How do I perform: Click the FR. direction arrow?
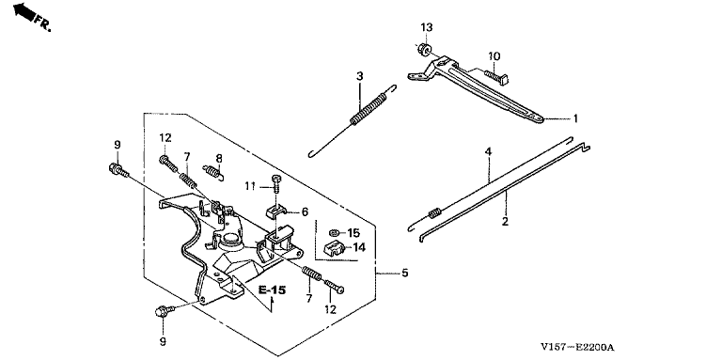coord(24,11)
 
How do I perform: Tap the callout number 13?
coord(427,27)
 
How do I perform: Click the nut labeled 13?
coord(424,48)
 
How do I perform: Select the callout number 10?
coord(494,56)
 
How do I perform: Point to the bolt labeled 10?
coord(496,76)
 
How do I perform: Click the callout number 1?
coord(574,118)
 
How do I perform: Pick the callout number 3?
coord(360,75)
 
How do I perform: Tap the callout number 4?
coord(488,151)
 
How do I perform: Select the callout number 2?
coord(505,222)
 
